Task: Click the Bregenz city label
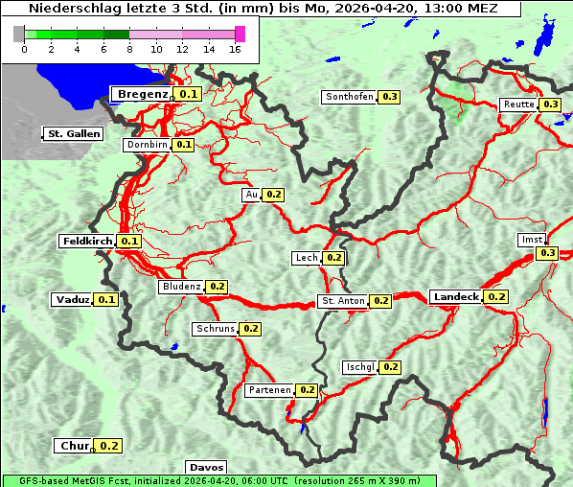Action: [142, 94]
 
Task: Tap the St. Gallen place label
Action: [73, 134]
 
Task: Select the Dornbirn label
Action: [147, 145]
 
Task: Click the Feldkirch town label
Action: [87, 242]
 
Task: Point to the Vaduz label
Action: [72, 300]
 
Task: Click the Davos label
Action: [206, 467]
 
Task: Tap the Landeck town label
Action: [455, 297]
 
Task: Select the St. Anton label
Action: [342, 301]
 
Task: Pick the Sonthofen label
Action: [349, 97]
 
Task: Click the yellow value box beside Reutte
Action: [550, 104]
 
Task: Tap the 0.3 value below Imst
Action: [547, 253]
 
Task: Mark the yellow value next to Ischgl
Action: [390, 367]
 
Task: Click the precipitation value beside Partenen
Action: [307, 390]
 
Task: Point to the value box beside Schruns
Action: [250, 329]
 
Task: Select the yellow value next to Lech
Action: [333, 258]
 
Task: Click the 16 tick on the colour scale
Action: [235, 49]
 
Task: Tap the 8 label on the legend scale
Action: [129, 49]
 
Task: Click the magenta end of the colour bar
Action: [240, 34]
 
